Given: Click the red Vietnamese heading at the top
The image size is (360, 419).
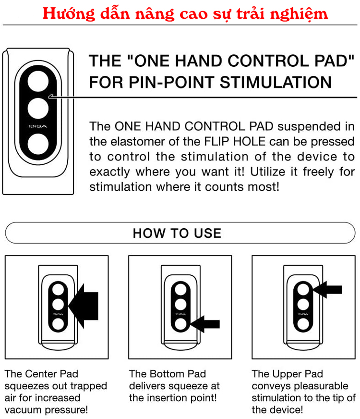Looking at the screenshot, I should pos(185,13).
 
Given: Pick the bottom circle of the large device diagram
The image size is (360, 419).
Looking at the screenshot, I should pos(38,144).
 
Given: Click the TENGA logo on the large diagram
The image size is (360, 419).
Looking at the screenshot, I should pos(38,127).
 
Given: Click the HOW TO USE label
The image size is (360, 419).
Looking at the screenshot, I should pos(177,234).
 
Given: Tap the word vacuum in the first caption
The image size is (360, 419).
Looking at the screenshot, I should pos(23,410).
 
